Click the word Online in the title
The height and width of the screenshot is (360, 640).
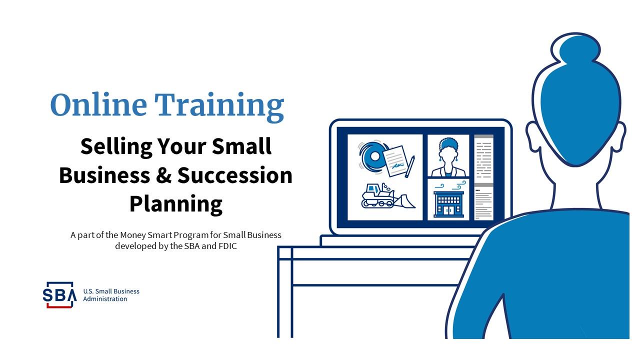[x=99, y=105]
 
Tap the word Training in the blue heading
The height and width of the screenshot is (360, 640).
[x=219, y=107]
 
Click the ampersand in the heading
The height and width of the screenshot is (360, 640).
[x=163, y=175]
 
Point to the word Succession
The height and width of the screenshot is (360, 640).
[x=235, y=175]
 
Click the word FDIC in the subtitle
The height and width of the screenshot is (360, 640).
[x=227, y=246]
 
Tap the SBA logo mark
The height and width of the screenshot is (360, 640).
[x=59, y=295]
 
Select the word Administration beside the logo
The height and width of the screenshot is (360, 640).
[x=105, y=299]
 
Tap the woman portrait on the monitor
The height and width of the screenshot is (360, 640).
[x=448, y=157]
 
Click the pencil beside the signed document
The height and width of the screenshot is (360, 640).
[x=409, y=166]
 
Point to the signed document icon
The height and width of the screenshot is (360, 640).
[x=394, y=161]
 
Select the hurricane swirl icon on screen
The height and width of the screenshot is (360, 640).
[x=372, y=157]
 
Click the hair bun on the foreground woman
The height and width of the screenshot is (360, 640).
[x=575, y=49]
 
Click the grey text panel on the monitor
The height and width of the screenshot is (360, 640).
[x=483, y=177]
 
